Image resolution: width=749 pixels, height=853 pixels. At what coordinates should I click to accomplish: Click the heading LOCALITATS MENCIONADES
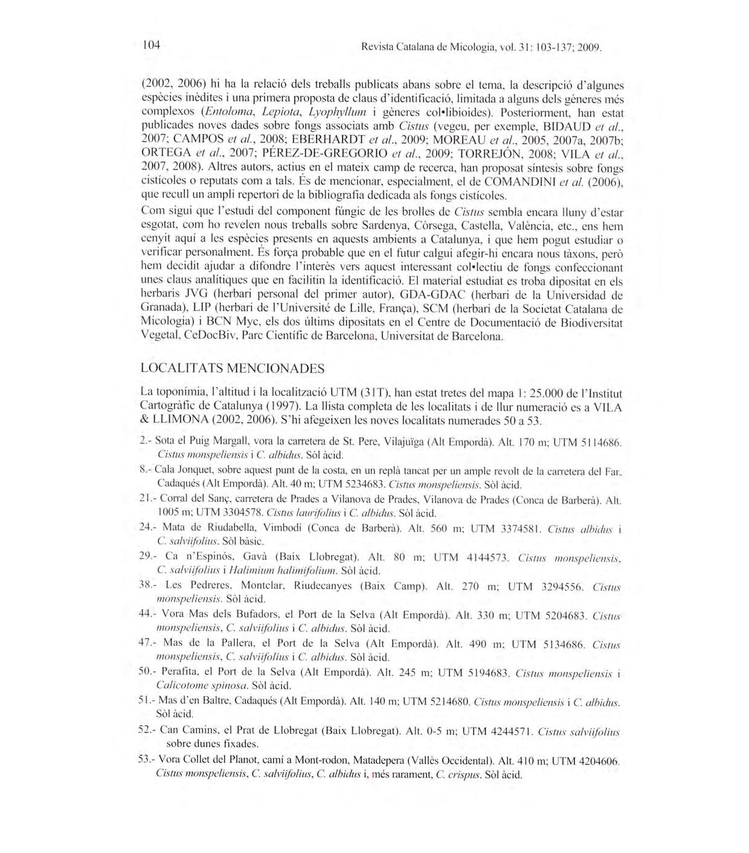232,368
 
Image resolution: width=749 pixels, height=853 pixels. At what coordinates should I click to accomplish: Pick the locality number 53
145,759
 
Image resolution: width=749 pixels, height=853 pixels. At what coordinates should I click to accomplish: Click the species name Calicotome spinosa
201,686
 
